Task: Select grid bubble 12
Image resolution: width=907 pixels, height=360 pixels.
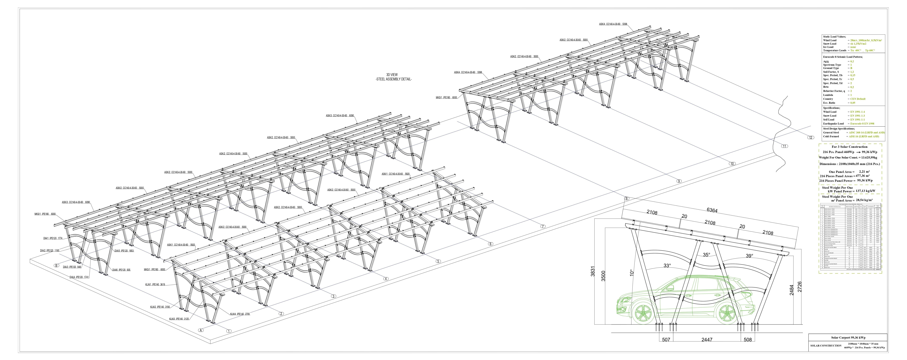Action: click(x=810, y=138)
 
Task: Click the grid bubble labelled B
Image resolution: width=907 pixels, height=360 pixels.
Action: click(x=56, y=266)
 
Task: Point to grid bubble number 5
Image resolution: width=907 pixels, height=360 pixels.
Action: click(x=438, y=261)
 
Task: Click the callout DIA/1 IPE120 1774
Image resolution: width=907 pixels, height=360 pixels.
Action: click(x=53, y=238)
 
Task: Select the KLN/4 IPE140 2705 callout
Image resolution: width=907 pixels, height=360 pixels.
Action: click(x=240, y=314)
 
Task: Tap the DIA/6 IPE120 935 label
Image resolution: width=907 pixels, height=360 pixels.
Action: click(x=121, y=270)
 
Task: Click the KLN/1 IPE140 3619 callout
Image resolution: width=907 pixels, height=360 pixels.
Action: click(x=155, y=284)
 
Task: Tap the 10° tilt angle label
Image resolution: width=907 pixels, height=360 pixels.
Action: click(x=631, y=273)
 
